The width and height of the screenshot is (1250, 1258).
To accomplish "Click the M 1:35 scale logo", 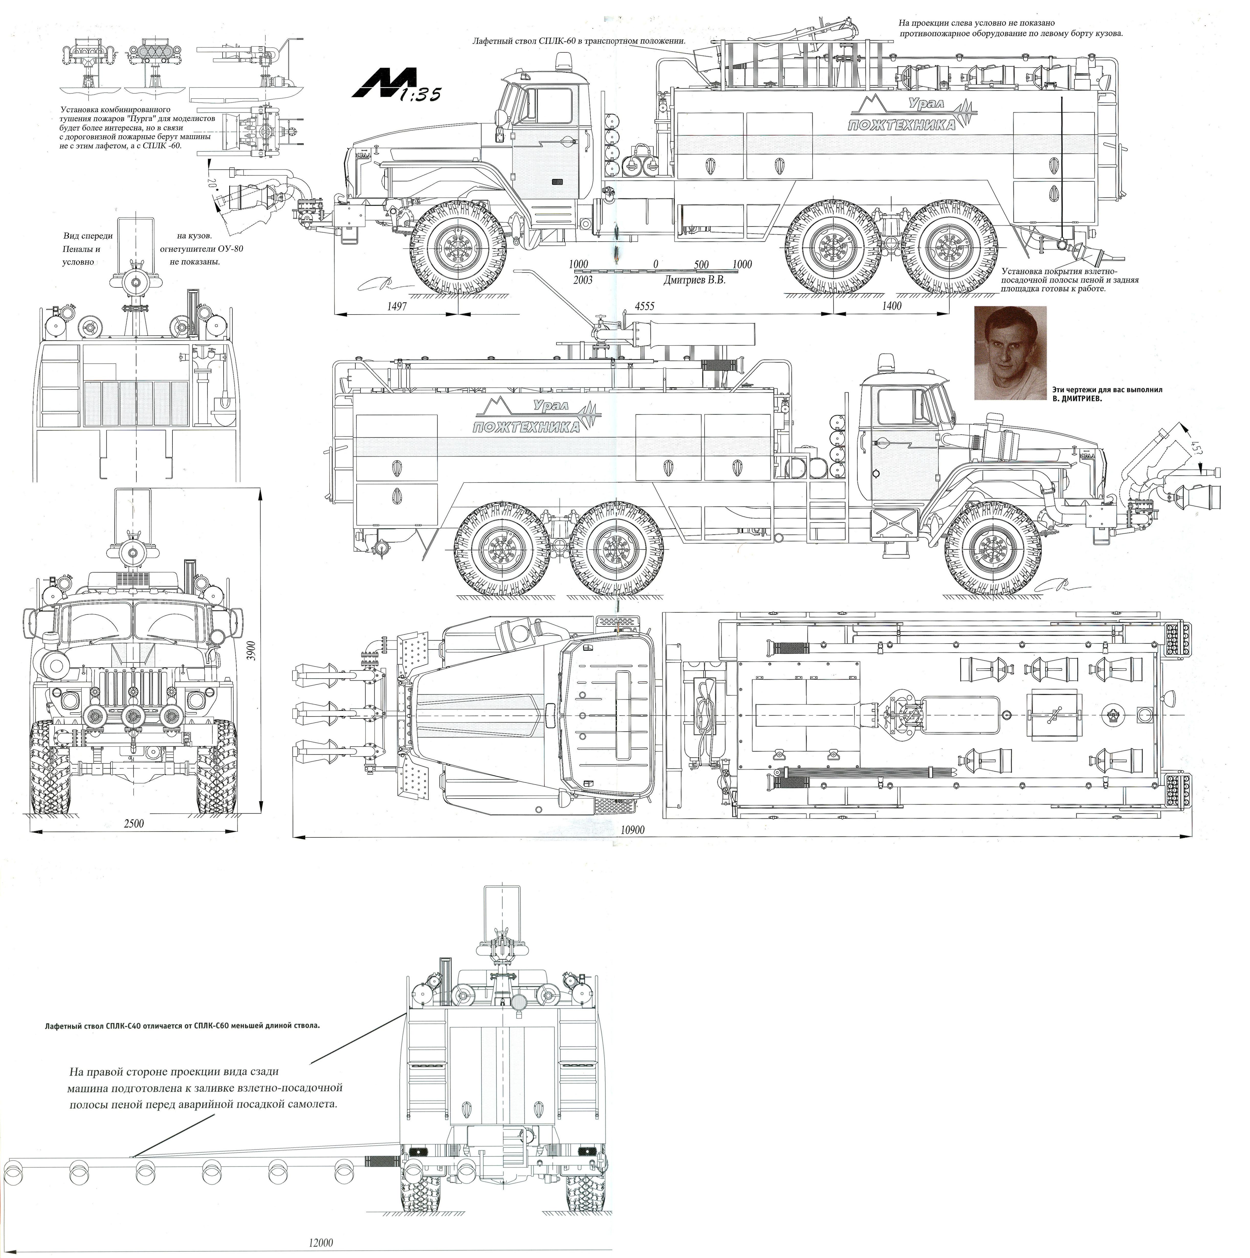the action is click(396, 85).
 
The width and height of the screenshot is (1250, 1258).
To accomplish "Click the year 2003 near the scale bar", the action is click(582, 280).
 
